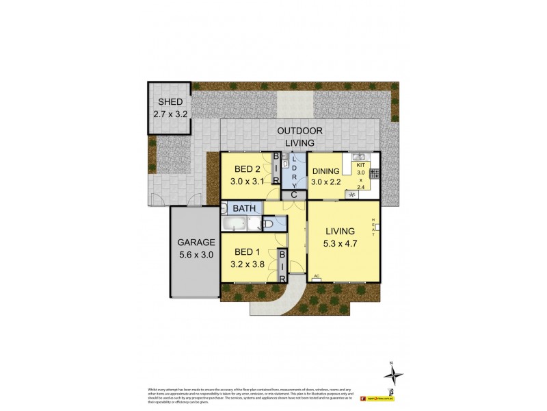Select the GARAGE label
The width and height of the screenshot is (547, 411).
(x=197, y=242)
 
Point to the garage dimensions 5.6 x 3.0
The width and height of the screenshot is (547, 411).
(x=197, y=254)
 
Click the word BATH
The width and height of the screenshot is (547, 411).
(x=245, y=208)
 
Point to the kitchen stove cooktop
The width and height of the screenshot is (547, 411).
(x=375, y=177)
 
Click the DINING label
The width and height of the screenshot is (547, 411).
(x=325, y=171)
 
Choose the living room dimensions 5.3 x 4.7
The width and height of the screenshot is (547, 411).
(x=343, y=244)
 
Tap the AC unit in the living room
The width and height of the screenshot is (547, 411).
(x=317, y=277)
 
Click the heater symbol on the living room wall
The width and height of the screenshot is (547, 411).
(x=377, y=225)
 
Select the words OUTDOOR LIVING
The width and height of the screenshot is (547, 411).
(x=299, y=136)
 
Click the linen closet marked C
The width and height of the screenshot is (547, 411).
(x=293, y=195)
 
